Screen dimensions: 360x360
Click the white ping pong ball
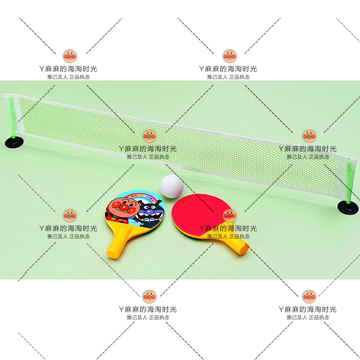click(x=171, y=186)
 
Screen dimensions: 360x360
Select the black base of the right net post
click(x=348, y=207)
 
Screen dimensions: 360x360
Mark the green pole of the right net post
click(x=348, y=182)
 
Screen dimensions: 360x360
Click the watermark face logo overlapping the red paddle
click(x=229, y=216)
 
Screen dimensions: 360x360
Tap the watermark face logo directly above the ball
click(x=149, y=136)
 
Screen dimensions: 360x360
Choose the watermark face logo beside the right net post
click(x=309, y=136)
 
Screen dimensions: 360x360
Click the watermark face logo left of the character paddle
click(x=69, y=216)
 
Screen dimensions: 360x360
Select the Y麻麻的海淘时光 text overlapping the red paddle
click(x=228, y=228)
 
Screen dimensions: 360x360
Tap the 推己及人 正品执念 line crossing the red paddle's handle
click(x=228, y=237)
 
